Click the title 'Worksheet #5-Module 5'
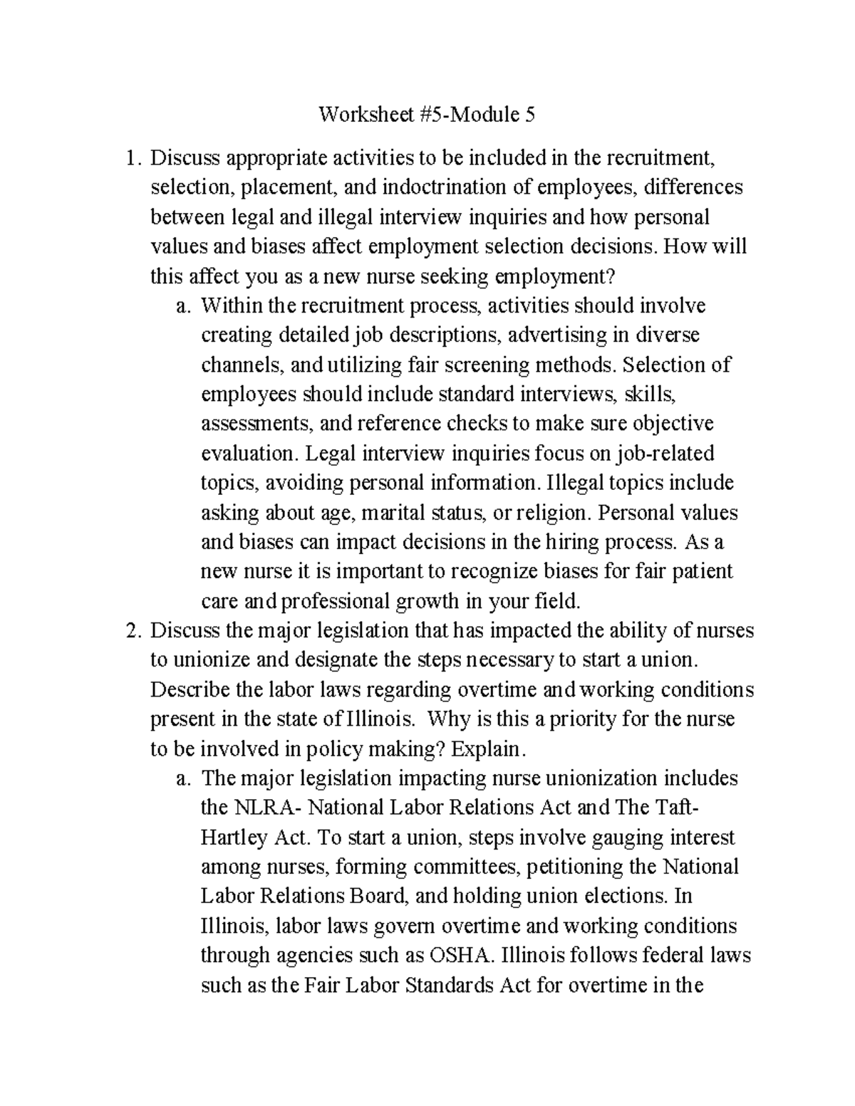click(426, 115)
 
